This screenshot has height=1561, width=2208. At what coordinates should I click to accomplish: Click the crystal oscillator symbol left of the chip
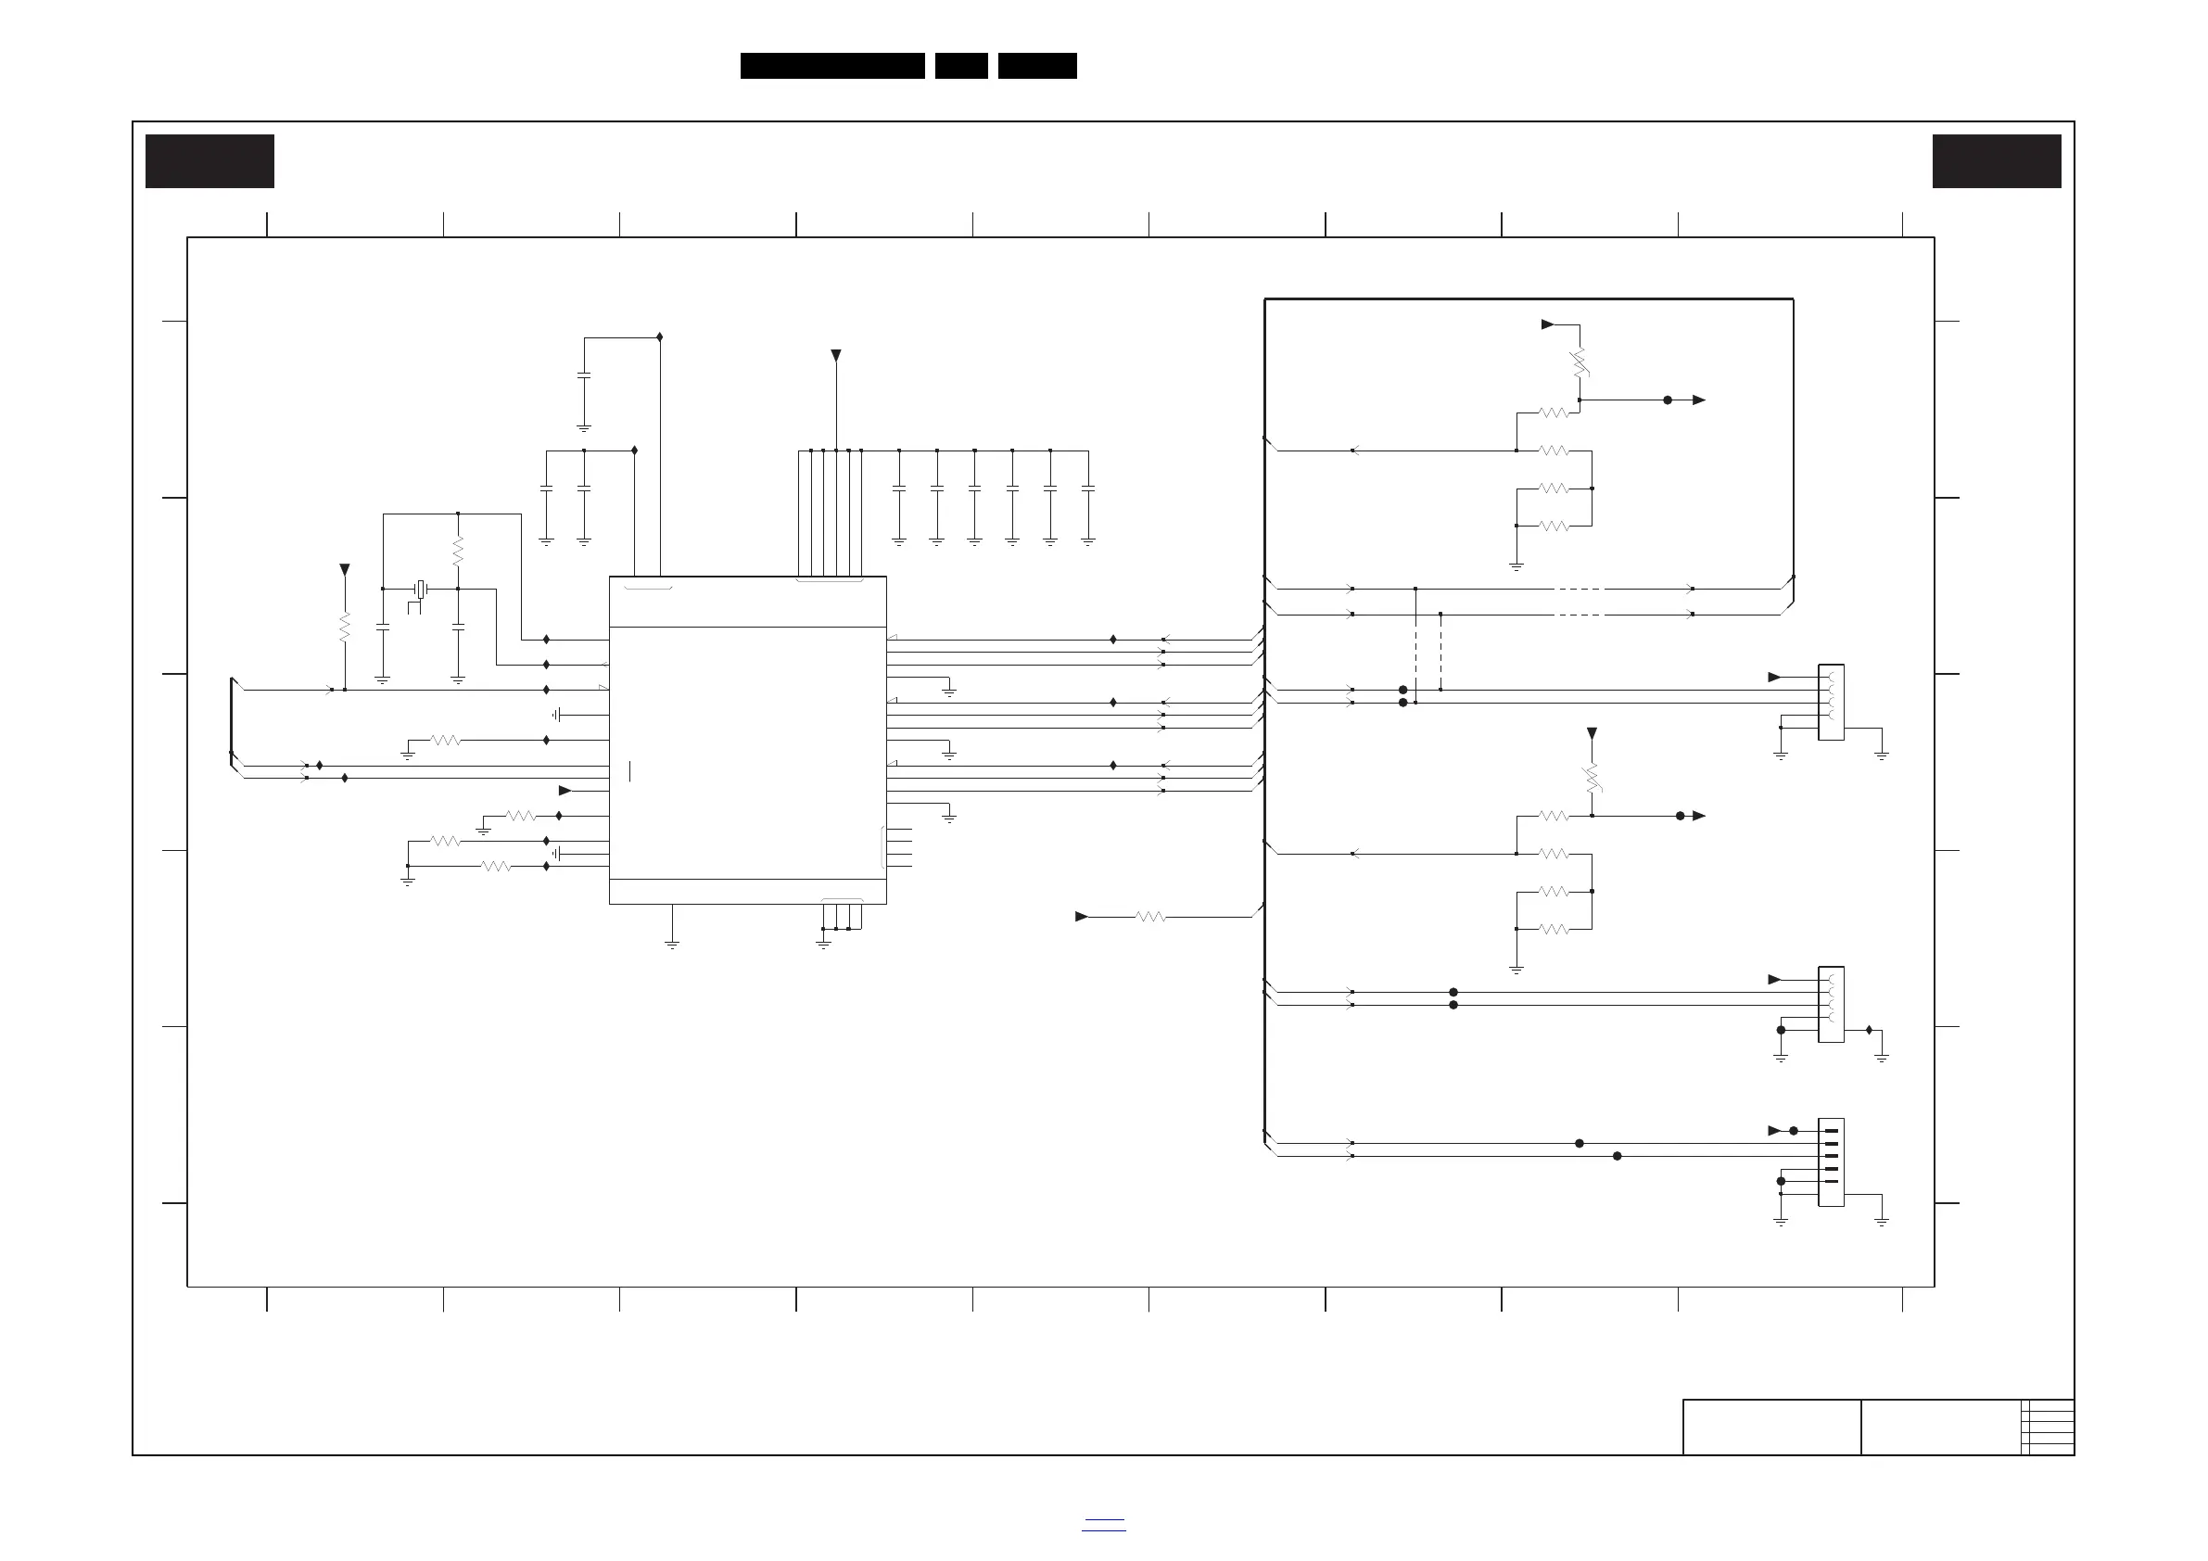tap(420, 589)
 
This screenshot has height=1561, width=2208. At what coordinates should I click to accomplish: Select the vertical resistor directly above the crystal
tap(458, 552)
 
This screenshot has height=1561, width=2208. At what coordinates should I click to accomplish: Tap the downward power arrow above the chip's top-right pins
tap(836, 356)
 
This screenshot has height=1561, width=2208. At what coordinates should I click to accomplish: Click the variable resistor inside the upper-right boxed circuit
tap(1580, 362)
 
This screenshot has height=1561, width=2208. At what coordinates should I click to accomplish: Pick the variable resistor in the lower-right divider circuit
tap(1592, 778)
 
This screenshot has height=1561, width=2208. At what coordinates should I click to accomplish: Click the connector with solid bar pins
tap(1830, 1161)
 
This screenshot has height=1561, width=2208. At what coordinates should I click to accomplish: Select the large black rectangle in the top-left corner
tap(209, 160)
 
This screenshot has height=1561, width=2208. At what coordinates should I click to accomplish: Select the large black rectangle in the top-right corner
tap(1997, 160)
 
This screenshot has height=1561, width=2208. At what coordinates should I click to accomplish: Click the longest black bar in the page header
tap(831, 66)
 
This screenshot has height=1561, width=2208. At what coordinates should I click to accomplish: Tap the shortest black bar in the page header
tap(960, 66)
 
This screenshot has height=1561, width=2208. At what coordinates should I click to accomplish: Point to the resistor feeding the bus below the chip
tap(1150, 917)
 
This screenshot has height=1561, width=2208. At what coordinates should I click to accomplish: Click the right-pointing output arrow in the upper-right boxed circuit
tap(1698, 400)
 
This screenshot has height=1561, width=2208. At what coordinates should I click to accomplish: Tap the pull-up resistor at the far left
tap(344, 628)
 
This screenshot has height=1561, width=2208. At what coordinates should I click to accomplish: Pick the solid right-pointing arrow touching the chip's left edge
tap(565, 791)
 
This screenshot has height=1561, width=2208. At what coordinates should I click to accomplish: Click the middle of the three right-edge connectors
tap(1830, 1004)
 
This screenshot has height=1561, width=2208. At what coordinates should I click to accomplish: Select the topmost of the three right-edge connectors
tap(1830, 702)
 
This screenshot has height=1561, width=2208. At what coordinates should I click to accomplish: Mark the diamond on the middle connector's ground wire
tap(1869, 1030)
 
